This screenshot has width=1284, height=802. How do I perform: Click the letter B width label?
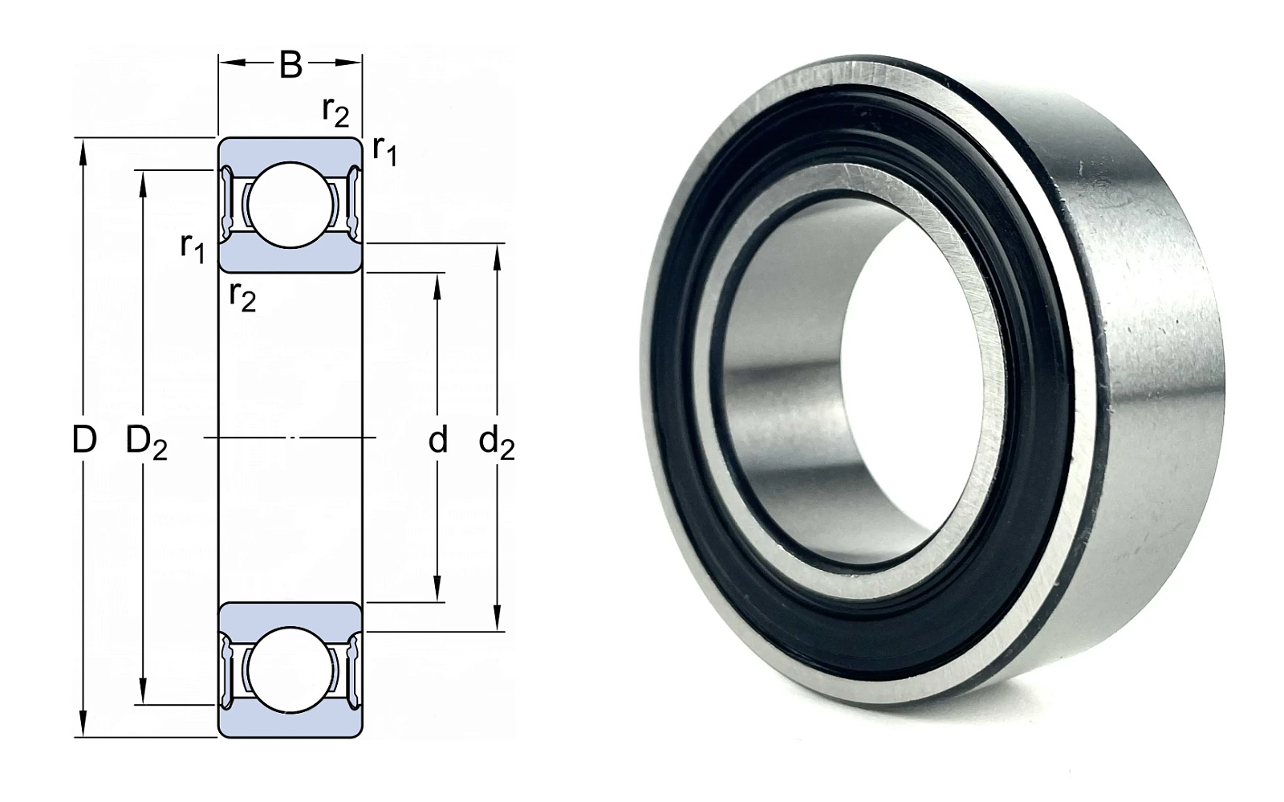point(291,65)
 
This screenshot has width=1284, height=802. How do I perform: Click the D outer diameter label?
point(84,440)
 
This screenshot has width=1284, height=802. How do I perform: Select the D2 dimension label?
point(146,442)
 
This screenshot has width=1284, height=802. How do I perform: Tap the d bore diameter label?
point(438,440)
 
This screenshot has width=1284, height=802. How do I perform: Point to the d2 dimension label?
point(497,442)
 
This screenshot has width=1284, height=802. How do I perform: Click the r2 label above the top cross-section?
point(335,111)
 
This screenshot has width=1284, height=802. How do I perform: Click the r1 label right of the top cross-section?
point(384,150)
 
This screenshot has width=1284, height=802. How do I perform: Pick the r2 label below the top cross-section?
point(242,296)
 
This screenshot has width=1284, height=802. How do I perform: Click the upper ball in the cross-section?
point(291,205)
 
